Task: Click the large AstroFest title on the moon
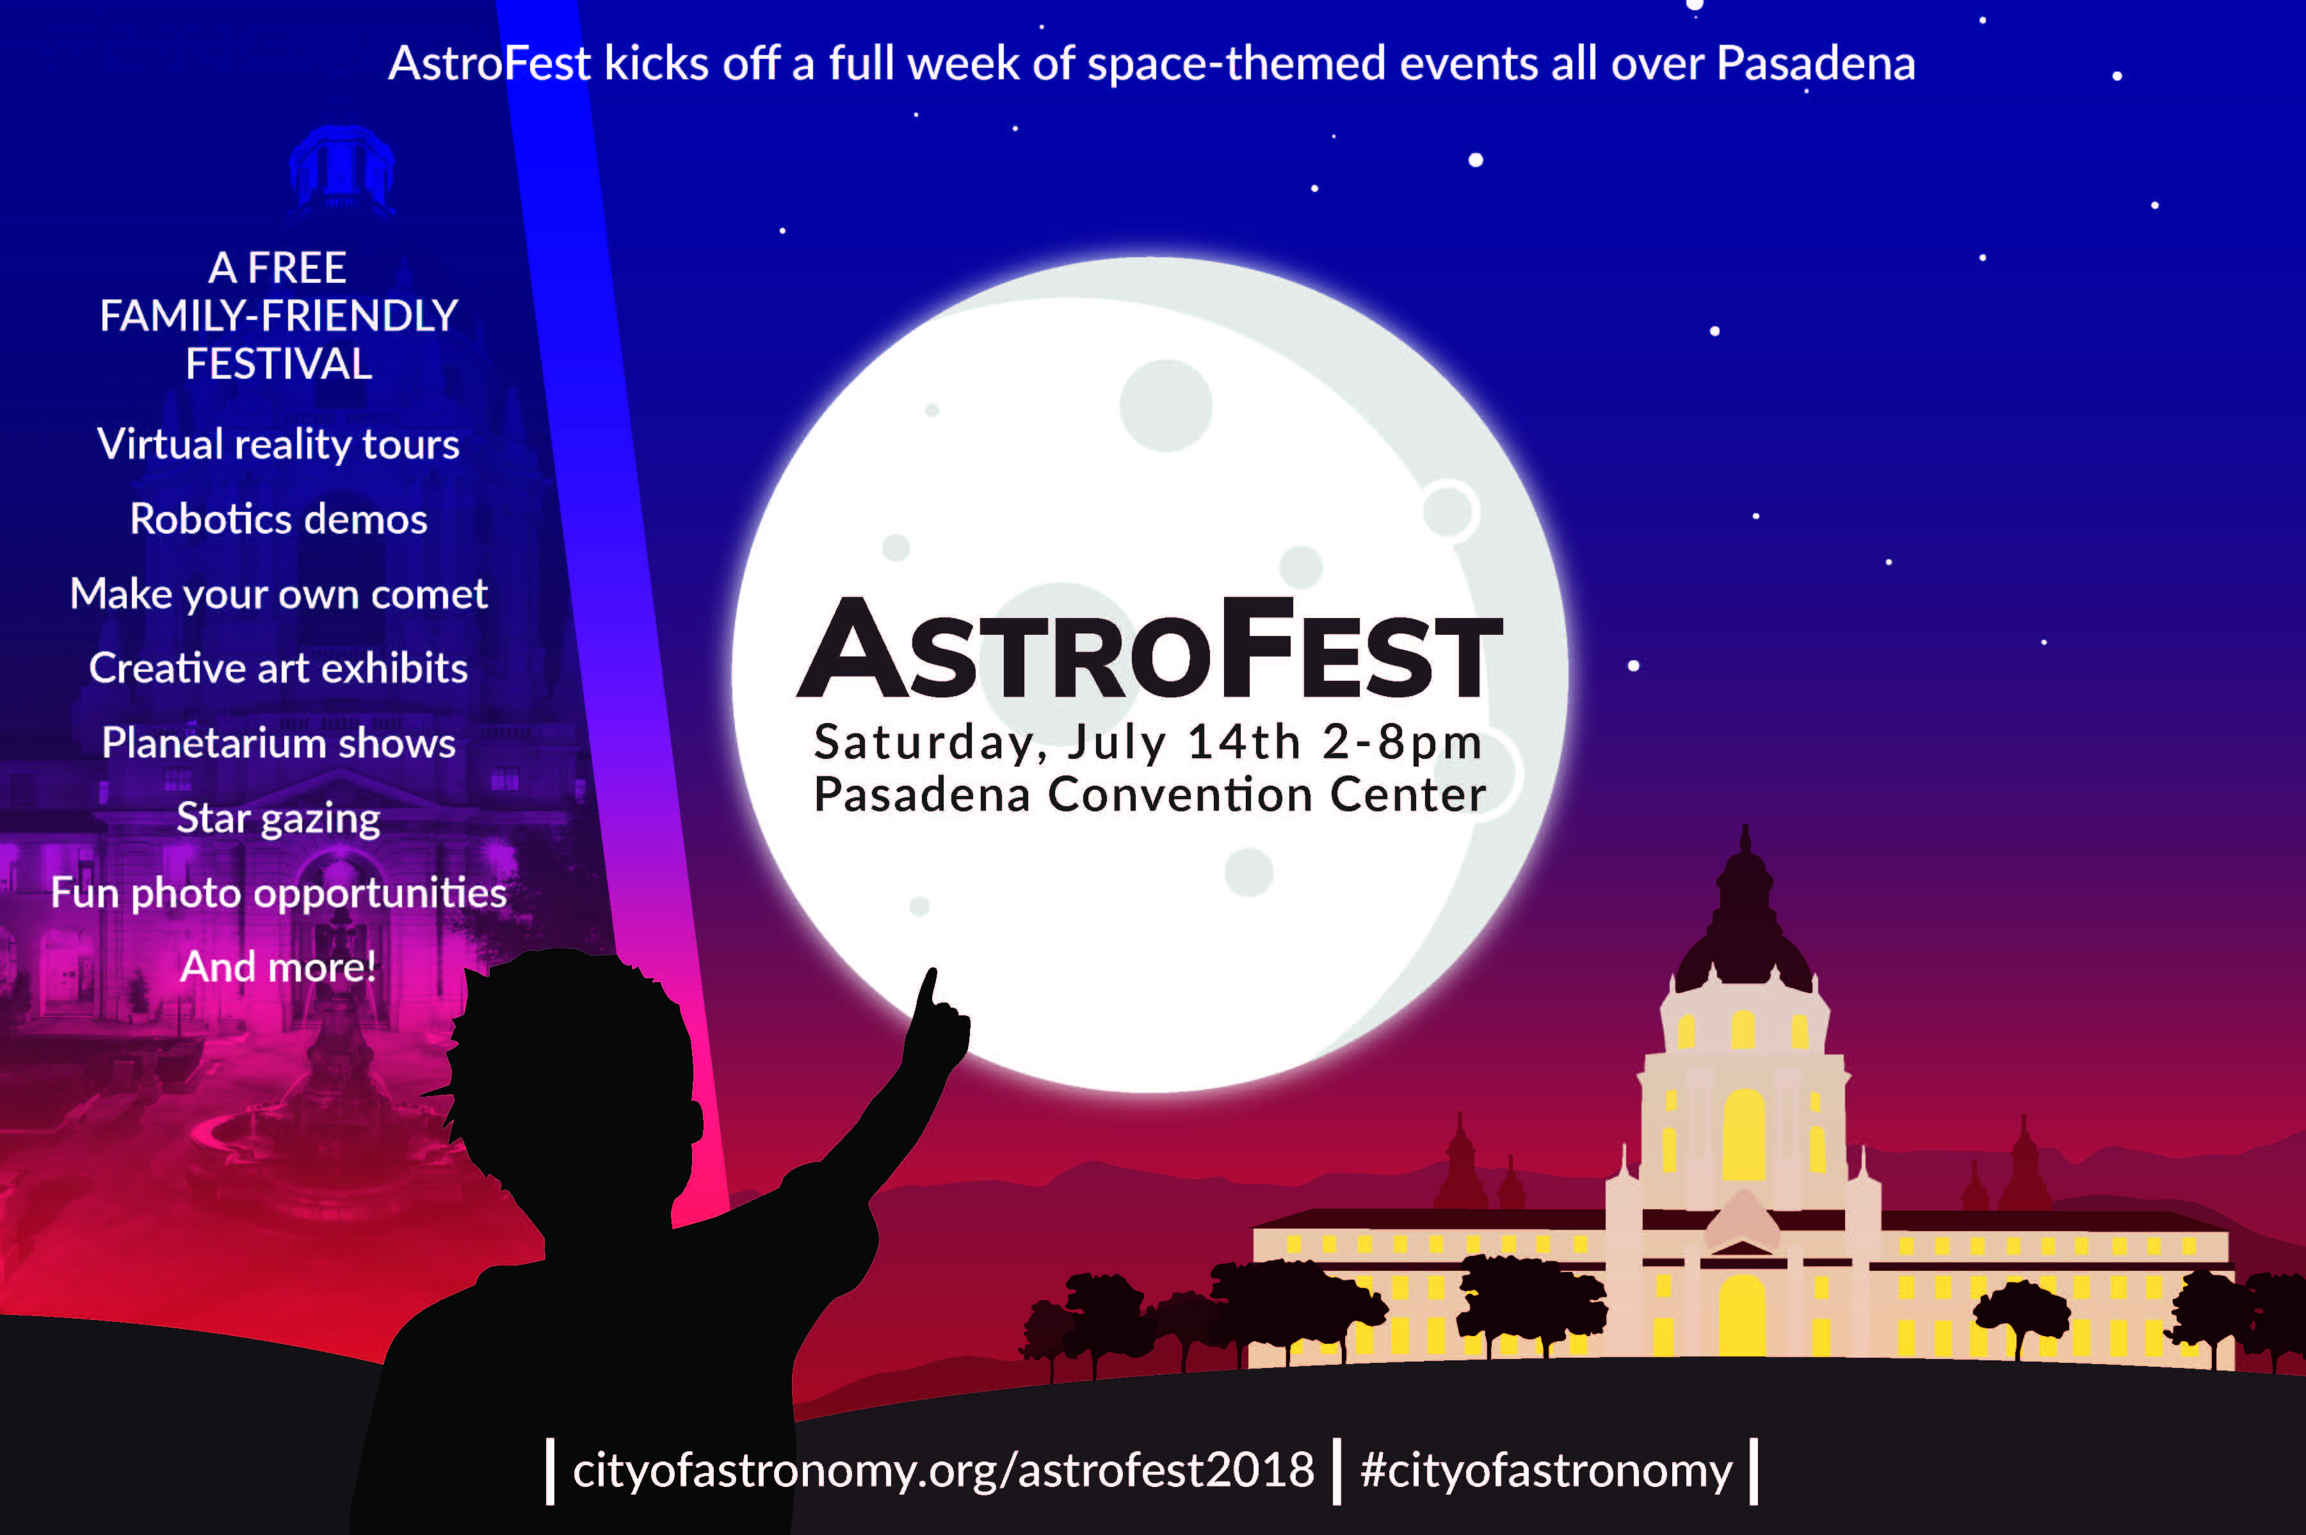1150,649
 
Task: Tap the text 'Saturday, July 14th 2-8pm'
1148,742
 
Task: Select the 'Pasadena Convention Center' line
1150,794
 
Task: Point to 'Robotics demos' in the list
278,519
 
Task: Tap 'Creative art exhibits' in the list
278,667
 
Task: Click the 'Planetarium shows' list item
278,743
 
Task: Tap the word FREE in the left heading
296,268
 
